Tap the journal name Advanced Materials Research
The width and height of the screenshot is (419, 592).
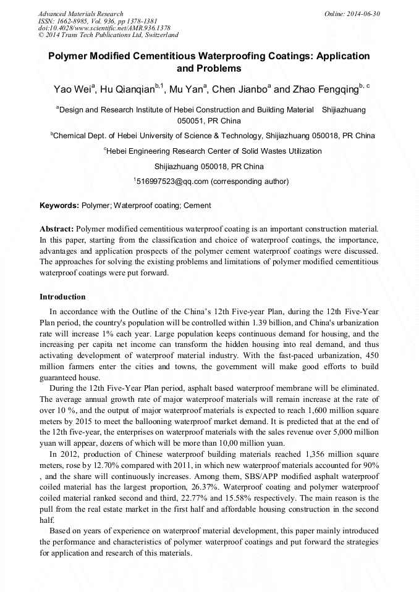(81, 14)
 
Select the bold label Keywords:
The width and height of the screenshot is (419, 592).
(59, 206)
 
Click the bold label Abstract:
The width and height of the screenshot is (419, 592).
(57, 229)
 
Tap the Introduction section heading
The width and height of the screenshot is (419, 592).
(62, 297)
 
